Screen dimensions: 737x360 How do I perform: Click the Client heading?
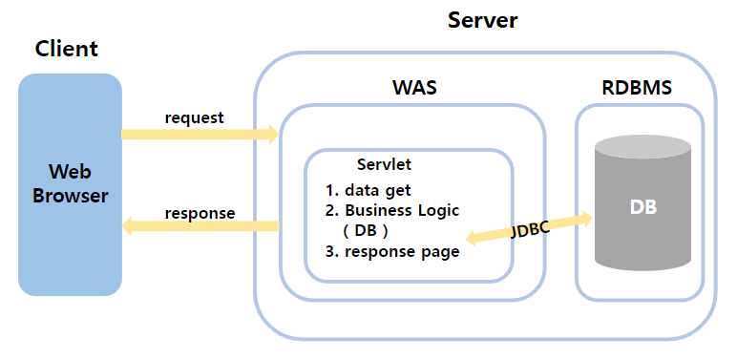[x=67, y=49]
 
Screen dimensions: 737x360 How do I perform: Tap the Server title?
[x=482, y=20]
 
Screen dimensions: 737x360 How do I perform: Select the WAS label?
[x=414, y=88]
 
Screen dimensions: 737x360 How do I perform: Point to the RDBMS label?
[x=637, y=88]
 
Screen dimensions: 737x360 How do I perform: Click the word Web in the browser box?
[x=70, y=173]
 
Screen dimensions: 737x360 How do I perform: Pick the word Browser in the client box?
[x=70, y=196]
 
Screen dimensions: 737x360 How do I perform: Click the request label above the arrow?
[x=194, y=117]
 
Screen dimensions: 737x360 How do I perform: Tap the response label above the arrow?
[x=200, y=213]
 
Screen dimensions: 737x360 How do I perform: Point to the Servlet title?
[x=384, y=164]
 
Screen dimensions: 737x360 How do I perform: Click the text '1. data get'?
[x=368, y=190]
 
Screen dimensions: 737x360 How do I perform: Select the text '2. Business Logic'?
[x=392, y=210]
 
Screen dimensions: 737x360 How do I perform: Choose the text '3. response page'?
[x=392, y=251]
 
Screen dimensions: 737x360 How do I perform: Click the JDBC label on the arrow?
[x=530, y=229]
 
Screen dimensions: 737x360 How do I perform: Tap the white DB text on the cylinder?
[x=642, y=207]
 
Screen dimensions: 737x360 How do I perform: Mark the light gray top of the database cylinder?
[x=643, y=148]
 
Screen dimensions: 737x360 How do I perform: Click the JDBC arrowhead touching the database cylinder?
[x=585, y=218]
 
